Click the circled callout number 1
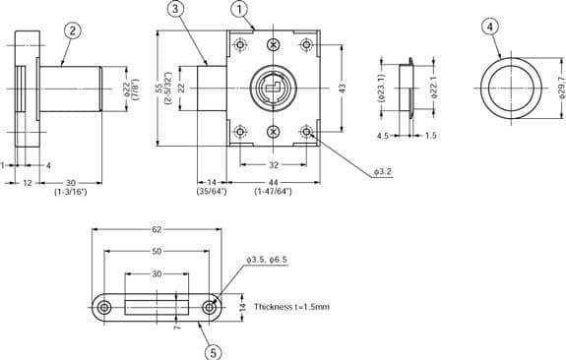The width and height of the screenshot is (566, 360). click(239, 10)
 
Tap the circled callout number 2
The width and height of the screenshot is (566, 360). click(73, 30)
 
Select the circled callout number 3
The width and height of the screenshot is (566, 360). click(175, 9)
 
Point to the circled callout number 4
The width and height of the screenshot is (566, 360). click(490, 27)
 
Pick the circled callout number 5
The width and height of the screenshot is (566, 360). click(213, 352)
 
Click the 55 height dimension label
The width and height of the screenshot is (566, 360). click(159, 89)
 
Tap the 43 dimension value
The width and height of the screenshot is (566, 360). click(343, 88)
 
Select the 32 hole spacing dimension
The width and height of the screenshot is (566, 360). click(274, 165)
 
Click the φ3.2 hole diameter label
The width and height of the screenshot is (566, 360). click(383, 172)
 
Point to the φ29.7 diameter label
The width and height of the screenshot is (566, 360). click(560, 88)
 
